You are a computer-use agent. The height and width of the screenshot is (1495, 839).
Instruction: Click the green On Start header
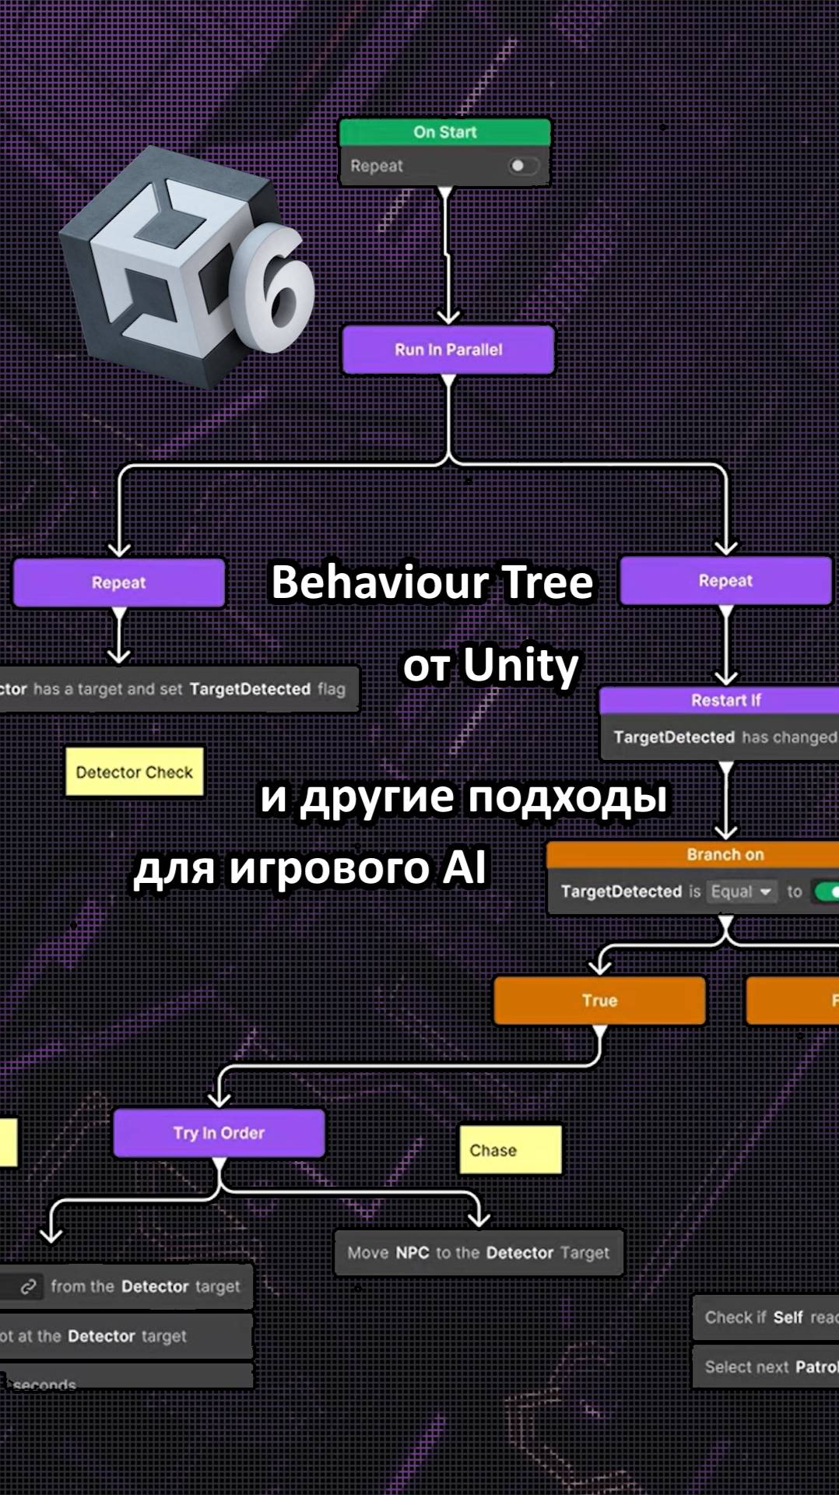[444, 132]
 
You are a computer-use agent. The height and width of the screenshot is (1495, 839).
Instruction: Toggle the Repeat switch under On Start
[522, 166]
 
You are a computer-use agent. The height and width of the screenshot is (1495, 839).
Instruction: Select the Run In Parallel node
[448, 350]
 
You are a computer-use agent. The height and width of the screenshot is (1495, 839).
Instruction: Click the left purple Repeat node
[118, 582]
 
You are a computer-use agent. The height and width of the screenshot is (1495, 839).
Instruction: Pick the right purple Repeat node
[725, 581]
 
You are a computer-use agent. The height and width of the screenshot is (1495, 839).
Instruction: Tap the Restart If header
[725, 700]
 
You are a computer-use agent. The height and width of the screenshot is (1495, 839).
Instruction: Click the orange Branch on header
[725, 854]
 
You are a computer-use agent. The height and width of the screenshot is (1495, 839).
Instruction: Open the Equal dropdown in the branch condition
[742, 892]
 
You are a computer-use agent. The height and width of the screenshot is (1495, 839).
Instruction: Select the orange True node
[599, 1001]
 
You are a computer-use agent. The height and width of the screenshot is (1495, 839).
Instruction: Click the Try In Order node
[219, 1133]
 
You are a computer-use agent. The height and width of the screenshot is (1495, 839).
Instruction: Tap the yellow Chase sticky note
[510, 1150]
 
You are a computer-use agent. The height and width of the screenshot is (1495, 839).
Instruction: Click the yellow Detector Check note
[134, 772]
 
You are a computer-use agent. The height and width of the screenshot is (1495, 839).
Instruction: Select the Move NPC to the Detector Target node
[478, 1253]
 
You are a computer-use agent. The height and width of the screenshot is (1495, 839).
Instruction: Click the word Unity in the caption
[521, 666]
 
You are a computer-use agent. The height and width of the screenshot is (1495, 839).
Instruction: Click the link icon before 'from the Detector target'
[29, 1286]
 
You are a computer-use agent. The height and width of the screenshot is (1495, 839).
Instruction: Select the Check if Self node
[767, 1317]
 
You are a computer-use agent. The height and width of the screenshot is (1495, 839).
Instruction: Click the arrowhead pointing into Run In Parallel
[448, 316]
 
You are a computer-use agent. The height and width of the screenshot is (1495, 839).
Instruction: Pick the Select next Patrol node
[767, 1367]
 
